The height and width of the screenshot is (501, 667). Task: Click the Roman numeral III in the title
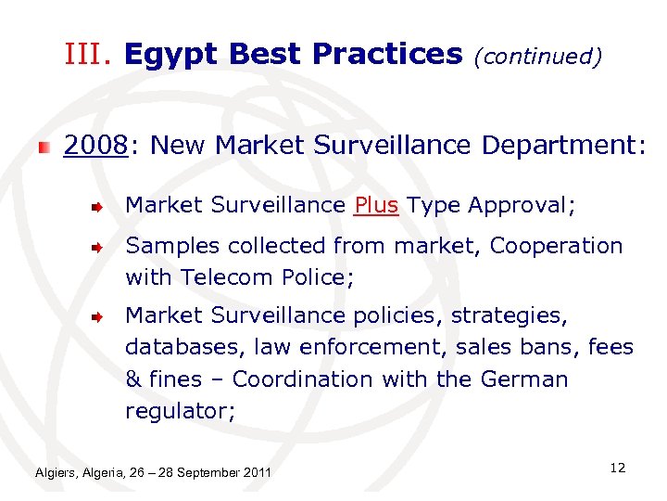pos(89,55)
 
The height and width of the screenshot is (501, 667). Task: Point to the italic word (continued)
pos(537,57)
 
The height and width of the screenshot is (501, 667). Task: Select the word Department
pos(560,146)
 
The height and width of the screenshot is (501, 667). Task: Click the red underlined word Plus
pos(376,206)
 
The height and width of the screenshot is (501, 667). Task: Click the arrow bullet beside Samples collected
pos(95,248)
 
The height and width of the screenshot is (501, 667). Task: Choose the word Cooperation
pos(556,246)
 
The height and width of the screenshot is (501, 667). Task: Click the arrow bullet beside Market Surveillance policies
pos(95,317)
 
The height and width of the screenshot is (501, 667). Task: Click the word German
pos(524,379)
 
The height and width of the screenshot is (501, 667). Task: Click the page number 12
pos(618,468)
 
